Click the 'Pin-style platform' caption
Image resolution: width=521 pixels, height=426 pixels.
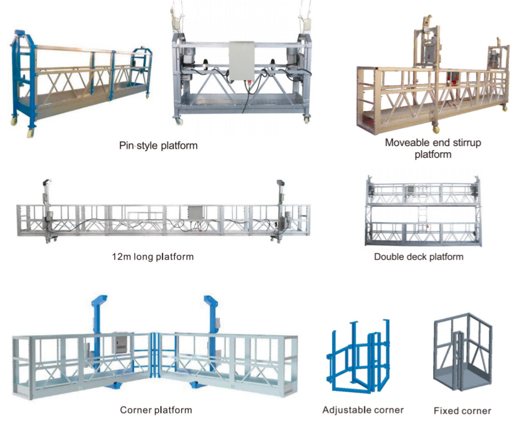coord(158,146)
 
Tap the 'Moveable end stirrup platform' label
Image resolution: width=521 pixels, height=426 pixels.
coord(433,148)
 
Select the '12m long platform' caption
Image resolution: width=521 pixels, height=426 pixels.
coord(153,256)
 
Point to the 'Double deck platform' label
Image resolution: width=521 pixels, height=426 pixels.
coord(419,256)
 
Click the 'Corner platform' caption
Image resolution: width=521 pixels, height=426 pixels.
coord(156,410)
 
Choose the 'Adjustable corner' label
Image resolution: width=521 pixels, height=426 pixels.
coord(363,410)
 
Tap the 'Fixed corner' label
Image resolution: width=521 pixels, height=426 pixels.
coord(462,410)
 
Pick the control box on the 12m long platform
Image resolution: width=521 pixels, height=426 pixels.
coord(196,214)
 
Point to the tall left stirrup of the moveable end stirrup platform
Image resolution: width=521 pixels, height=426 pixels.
coord(429,47)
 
